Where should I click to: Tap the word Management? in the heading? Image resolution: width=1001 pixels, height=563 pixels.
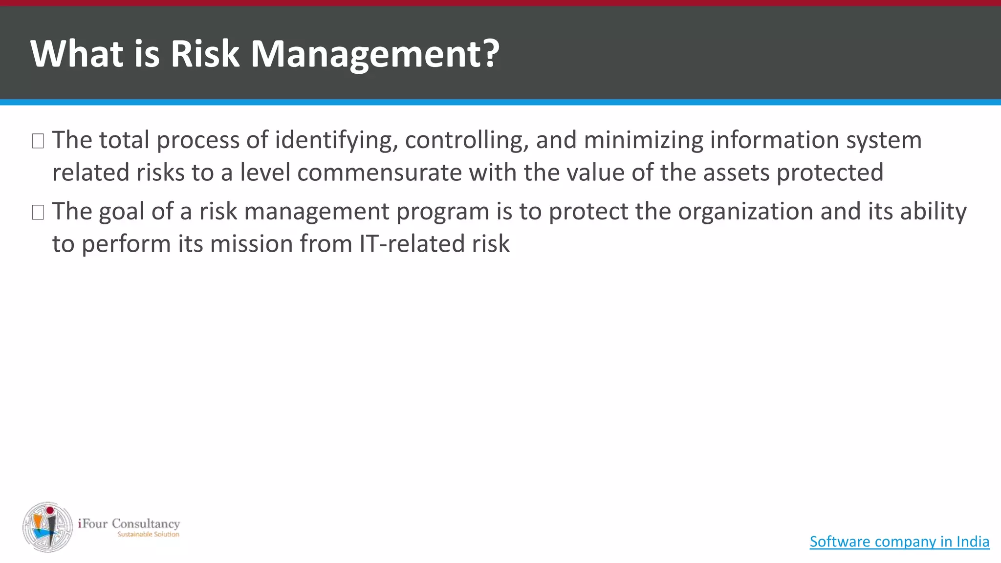[375, 54]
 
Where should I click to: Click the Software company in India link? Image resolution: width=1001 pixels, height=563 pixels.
[899, 541]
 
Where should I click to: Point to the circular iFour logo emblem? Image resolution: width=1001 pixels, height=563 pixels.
[47, 527]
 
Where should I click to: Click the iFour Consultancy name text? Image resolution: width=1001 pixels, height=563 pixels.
[129, 523]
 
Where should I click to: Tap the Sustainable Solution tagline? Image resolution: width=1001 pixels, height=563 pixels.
[148, 535]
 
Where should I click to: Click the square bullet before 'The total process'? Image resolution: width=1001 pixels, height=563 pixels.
[38, 141]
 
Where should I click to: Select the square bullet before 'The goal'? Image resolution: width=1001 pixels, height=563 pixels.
[38, 213]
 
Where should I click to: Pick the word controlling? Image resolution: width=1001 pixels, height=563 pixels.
[467, 141]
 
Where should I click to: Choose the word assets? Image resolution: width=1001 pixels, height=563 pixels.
[736, 173]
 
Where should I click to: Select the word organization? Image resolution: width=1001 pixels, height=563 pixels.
[745, 212]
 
